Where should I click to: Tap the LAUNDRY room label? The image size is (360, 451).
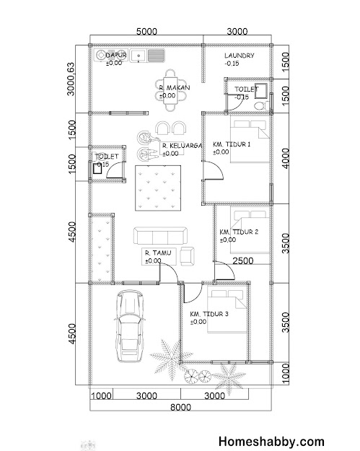(240, 56)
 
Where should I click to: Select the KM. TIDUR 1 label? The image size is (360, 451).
(232, 144)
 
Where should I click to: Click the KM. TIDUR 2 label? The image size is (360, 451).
(239, 232)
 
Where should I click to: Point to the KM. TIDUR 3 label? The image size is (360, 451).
(209, 314)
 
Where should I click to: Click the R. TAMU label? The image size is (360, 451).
(158, 253)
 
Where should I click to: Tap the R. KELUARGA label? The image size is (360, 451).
(182, 146)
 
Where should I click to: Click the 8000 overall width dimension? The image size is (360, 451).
(180, 407)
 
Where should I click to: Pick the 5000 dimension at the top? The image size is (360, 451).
(146, 31)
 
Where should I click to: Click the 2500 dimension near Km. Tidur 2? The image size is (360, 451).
(243, 261)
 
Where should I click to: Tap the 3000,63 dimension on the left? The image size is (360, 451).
(71, 79)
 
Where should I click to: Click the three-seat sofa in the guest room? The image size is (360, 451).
(160, 236)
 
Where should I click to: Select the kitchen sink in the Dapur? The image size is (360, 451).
(139, 56)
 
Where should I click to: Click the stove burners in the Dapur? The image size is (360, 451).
(101, 56)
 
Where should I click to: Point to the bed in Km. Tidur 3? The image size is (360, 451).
(227, 311)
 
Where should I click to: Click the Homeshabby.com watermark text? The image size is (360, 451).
(271, 442)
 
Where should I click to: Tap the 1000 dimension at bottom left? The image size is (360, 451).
(101, 396)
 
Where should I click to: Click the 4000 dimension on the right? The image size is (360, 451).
(285, 159)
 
